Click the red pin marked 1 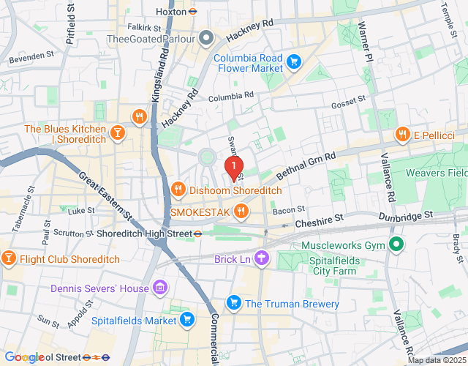click(x=233, y=168)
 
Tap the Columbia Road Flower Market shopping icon click(x=294, y=61)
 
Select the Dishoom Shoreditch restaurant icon click(x=178, y=190)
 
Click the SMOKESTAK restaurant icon click(x=241, y=212)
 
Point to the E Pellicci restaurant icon click(x=401, y=135)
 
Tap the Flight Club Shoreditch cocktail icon click(x=8, y=258)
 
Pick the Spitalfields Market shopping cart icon click(x=187, y=320)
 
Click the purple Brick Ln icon click(x=263, y=258)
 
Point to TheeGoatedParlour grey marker click(x=207, y=38)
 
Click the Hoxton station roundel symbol click(x=192, y=12)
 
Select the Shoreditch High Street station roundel click(x=198, y=234)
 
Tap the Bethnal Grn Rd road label click(x=306, y=165)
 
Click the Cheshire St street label click(x=318, y=220)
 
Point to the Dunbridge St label click(x=407, y=216)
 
